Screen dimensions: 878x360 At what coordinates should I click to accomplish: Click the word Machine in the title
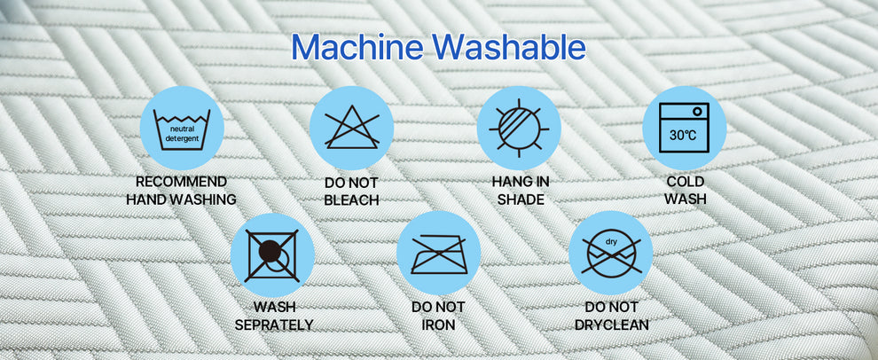point(357,48)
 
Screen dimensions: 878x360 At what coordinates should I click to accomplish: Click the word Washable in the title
point(509,48)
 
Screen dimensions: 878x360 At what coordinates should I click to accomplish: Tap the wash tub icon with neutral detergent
point(182,129)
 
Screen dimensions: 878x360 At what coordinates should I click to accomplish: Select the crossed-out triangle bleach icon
point(352,128)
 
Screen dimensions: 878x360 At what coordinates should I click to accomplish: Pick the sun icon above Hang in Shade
point(519,128)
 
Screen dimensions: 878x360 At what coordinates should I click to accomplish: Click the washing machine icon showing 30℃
point(685,128)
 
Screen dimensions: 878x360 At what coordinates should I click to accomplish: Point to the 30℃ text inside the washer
point(684,135)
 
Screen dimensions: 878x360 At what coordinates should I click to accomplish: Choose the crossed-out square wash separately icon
point(271,254)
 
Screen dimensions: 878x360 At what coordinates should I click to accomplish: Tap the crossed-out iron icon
point(439,254)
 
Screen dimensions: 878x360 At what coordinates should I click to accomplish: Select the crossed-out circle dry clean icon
point(610,255)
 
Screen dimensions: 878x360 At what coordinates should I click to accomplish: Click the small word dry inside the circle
point(611,242)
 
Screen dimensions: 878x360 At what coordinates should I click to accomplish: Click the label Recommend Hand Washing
point(182,191)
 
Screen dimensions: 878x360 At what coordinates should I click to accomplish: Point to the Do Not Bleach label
point(352,192)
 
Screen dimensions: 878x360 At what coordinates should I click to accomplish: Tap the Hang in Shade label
point(521,191)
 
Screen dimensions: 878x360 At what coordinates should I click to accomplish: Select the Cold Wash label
point(686,191)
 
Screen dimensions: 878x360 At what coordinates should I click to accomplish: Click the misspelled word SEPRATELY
point(274,325)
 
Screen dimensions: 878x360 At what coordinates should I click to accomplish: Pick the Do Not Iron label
point(438,316)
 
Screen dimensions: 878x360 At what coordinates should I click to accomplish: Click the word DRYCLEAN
point(611,325)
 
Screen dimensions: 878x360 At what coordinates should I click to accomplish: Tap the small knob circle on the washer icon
point(697,112)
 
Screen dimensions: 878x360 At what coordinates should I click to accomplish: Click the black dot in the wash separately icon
point(270,251)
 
